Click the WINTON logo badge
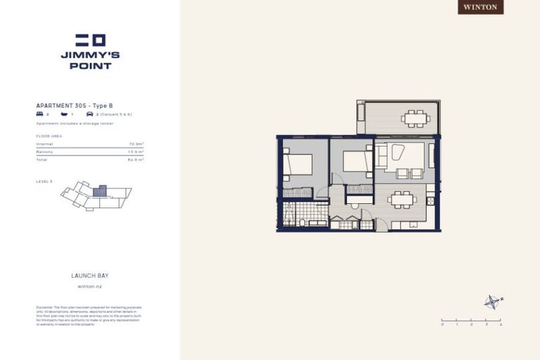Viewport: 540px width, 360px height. (481, 7)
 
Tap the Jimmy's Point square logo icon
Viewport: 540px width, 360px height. (90, 40)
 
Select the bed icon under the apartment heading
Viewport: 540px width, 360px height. (39, 114)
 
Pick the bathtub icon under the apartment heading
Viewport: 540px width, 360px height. (64, 114)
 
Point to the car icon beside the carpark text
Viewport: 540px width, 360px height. (89, 114)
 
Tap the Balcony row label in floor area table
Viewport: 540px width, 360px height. (44, 152)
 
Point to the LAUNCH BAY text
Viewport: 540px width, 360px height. (90, 276)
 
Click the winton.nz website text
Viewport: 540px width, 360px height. (90, 287)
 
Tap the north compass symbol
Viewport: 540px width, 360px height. (492, 302)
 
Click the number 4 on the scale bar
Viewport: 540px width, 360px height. (501, 325)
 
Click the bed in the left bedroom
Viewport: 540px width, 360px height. (298, 164)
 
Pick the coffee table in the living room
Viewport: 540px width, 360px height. (398, 153)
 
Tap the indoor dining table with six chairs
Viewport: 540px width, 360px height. (402, 200)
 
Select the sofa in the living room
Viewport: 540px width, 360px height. (380, 155)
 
